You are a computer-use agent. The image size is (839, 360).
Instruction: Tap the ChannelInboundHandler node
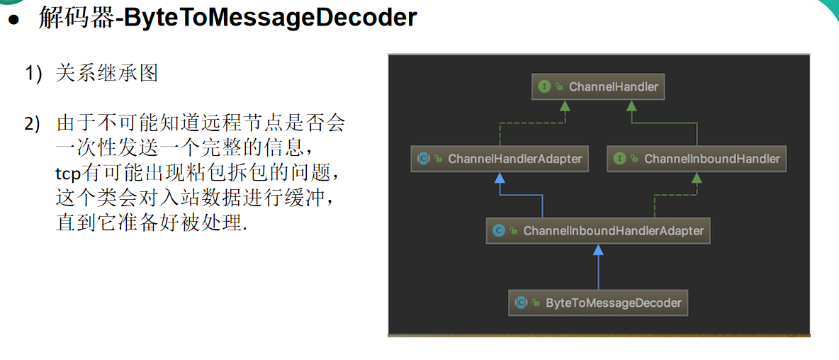pyautogui.click(x=697, y=159)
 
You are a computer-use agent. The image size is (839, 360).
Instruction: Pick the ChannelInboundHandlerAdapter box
pyautogui.click(x=598, y=231)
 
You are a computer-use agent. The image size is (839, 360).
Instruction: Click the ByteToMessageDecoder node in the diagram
pyautogui.click(x=599, y=303)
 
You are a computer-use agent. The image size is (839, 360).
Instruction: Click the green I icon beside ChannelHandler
pyautogui.click(x=544, y=87)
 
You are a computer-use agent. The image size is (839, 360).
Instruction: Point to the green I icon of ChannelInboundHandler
pyautogui.click(x=619, y=159)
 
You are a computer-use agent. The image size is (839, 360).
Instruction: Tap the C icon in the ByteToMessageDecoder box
pyautogui.click(x=521, y=303)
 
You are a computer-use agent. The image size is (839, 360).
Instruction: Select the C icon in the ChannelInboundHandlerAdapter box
pyautogui.click(x=498, y=231)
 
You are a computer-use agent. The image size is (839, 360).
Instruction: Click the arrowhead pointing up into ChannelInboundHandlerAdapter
pyautogui.click(x=599, y=249)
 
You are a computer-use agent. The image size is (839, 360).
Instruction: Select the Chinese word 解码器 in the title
pyautogui.click(x=77, y=18)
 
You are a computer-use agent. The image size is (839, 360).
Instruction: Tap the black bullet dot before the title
pyautogui.click(x=13, y=19)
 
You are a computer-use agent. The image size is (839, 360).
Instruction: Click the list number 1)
pyautogui.click(x=35, y=73)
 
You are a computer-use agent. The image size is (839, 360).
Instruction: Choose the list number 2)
pyautogui.click(x=35, y=124)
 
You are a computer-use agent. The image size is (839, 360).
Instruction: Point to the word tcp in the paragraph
pyautogui.click(x=69, y=174)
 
